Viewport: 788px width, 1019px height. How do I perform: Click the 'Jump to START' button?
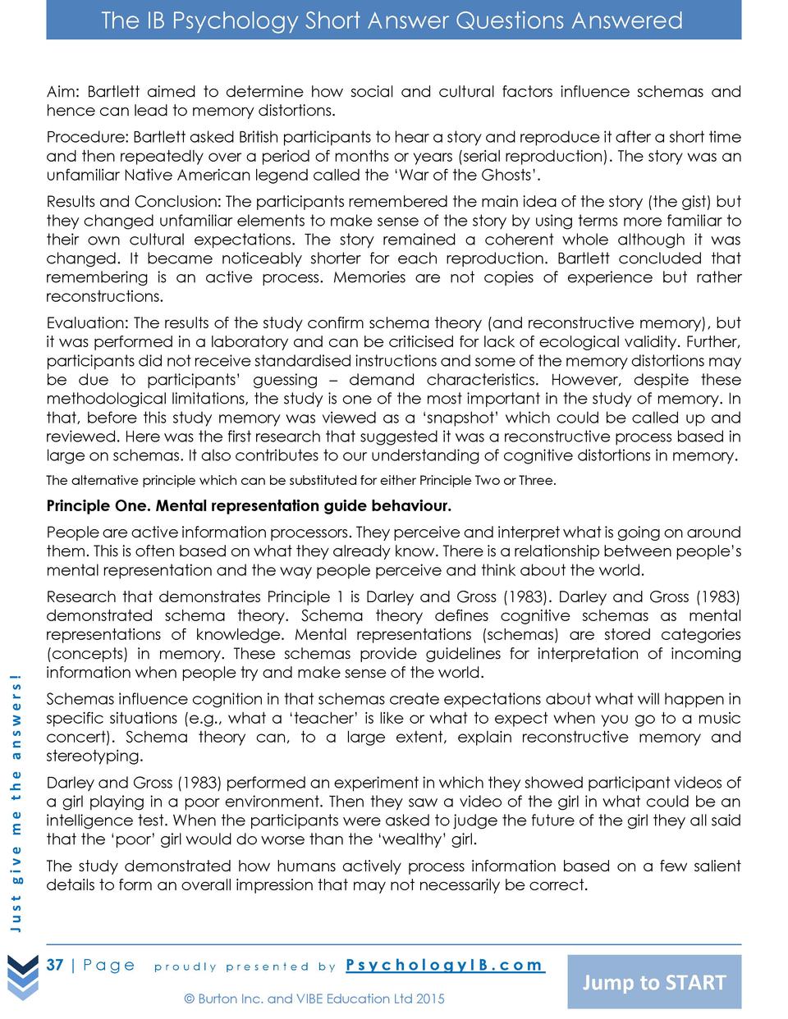tap(654, 982)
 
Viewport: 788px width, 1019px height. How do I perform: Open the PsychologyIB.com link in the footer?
tap(444, 965)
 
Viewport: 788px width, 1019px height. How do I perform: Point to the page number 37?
tap(55, 965)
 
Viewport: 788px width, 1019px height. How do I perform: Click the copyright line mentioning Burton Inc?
tap(314, 998)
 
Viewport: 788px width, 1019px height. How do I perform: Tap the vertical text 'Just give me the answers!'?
tap(16, 802)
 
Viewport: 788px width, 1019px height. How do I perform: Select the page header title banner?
tap(393, 21)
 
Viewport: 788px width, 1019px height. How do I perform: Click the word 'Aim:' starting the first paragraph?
tap(62, 92)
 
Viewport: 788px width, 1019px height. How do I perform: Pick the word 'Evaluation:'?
tap(87, 323)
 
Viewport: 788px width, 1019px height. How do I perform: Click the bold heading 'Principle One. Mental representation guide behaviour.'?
tap(249, 505)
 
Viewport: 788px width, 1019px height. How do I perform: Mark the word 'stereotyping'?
tap(94, 756)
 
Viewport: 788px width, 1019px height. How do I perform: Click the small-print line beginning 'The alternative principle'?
tap(300, 481)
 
